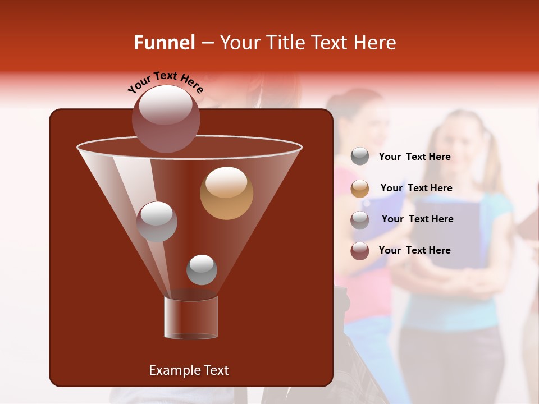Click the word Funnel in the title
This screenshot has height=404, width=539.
point(164,43)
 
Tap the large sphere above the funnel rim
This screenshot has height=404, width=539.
point(166,118)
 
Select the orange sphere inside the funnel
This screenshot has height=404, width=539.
point(226,193)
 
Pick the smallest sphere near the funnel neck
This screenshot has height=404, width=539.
point(202,270)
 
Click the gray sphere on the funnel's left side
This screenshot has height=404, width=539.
point(157,221)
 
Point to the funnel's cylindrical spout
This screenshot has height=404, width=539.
point(191,318)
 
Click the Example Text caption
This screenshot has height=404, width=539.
point(189,370)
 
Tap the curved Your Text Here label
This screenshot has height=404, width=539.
point(165,82)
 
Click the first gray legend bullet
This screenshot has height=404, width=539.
point(360,157)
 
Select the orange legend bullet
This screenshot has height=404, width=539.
point(360,188)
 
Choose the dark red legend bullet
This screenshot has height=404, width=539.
point(360,251)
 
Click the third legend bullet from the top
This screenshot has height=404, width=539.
point(360,219)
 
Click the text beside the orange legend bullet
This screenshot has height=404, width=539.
point(416,188)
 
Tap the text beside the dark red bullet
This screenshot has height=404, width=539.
point(414,250)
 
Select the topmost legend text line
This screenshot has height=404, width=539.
point(414,157)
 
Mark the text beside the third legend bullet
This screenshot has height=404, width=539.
point(417,219)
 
